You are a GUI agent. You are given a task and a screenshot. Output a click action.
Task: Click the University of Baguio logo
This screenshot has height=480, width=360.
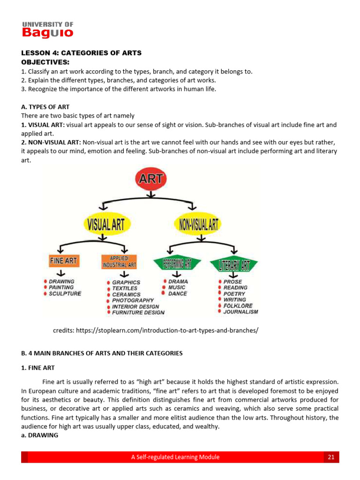point(47,30)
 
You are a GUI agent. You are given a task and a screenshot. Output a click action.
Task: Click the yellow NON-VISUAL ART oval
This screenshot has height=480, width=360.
point(196,224)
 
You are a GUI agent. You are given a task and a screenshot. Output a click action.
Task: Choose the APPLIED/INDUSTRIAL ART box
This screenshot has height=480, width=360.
point(119,262)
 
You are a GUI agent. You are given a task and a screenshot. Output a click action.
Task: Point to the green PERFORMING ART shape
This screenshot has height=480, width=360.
point(177,264)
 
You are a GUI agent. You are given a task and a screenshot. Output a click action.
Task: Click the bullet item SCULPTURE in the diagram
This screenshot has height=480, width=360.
point(65,293)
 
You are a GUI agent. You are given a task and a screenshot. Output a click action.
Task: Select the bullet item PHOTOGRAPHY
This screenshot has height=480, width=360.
point(133,300)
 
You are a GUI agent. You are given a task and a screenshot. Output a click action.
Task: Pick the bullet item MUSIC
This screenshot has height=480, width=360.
point(177,287)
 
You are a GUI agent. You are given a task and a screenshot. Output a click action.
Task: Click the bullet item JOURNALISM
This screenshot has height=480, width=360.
point(240,311)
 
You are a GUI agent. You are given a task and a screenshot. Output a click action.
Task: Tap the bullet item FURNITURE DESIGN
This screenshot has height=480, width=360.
point(138,312)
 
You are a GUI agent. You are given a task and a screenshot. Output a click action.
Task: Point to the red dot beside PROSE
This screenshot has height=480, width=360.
point(219,282)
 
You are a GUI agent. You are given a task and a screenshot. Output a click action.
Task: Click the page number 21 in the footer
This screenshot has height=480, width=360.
point(331,457)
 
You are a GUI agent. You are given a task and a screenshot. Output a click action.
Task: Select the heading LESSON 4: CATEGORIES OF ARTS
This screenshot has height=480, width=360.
point(81,53)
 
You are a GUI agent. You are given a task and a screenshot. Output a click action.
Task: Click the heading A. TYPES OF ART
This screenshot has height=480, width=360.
point(45,107)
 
